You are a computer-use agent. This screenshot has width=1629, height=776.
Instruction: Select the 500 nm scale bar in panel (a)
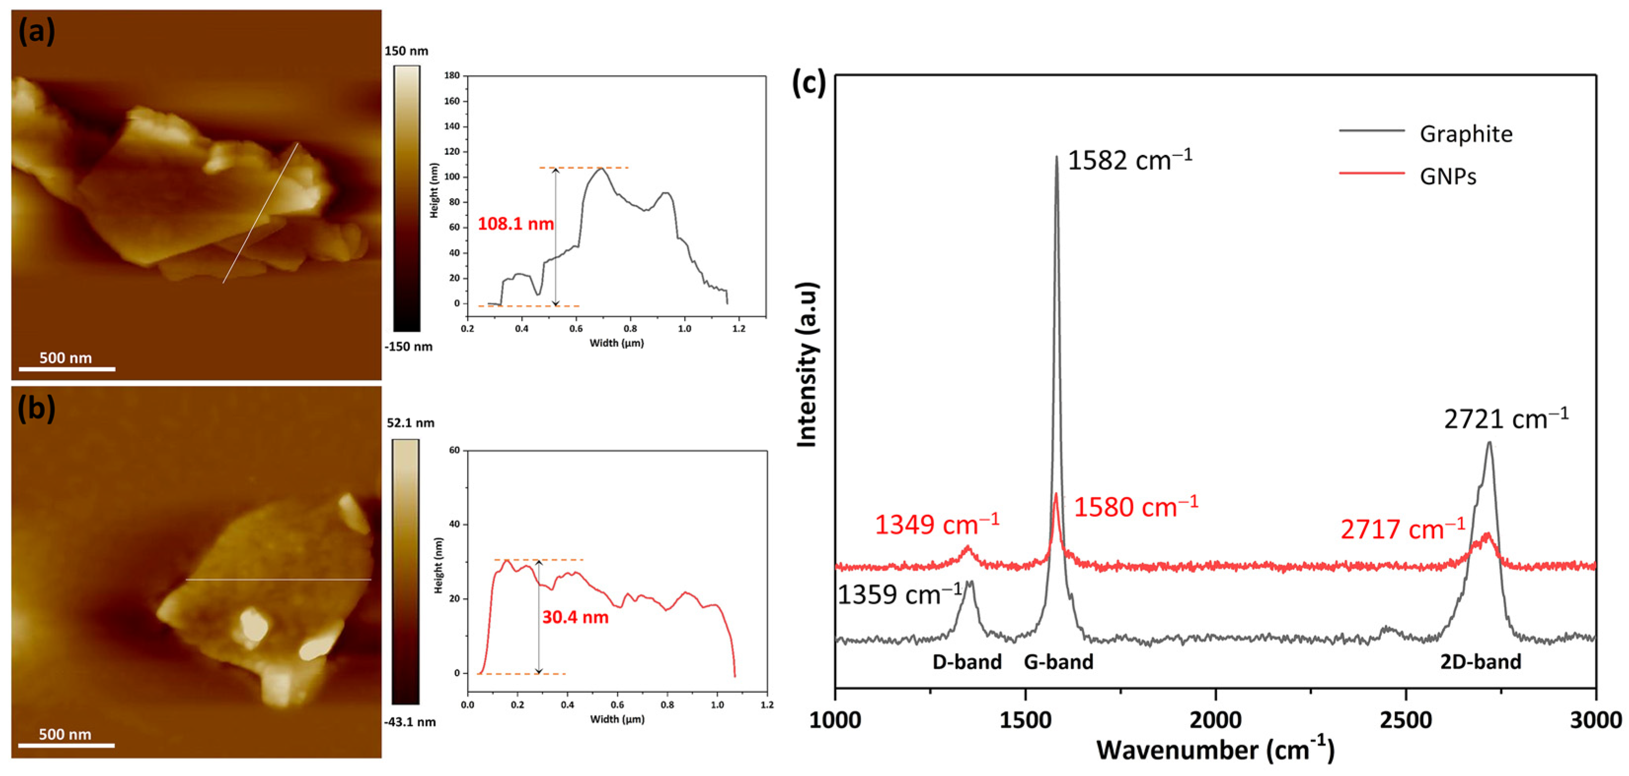tap(67, 368)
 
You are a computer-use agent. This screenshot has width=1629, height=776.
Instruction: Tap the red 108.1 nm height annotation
tap(515, 224)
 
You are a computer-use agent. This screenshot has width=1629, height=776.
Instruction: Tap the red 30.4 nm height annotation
tap(575, 617)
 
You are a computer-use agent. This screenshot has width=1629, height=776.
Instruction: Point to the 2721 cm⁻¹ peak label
tap(1506, 419)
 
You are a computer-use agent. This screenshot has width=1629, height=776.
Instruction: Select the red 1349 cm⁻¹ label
tap(937, 524)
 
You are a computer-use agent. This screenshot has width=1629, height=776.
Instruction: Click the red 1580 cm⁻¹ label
tap(1136, 507)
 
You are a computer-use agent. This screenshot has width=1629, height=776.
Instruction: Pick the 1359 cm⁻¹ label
tap(899, 595)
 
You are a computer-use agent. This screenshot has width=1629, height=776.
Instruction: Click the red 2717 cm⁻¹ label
tap(1402, 529)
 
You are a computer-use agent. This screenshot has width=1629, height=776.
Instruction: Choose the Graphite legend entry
tap(1465, 134)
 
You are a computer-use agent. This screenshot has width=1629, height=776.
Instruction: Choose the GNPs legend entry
tap(1448, 176)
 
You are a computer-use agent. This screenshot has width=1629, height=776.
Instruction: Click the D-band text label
tap(967, 662)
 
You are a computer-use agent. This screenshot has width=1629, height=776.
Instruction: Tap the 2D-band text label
tap(1481, 662)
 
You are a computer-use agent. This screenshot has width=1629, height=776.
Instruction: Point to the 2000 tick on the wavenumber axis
tap(1215, 720)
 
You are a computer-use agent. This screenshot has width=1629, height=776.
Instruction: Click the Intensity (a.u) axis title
tap(807, 365)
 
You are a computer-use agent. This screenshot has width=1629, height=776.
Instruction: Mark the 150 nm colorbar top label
tap(406, 51)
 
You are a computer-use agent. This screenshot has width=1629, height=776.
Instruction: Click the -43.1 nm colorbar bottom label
tap(409, 722)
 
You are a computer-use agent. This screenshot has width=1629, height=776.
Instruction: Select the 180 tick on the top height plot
tap(452, 75)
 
